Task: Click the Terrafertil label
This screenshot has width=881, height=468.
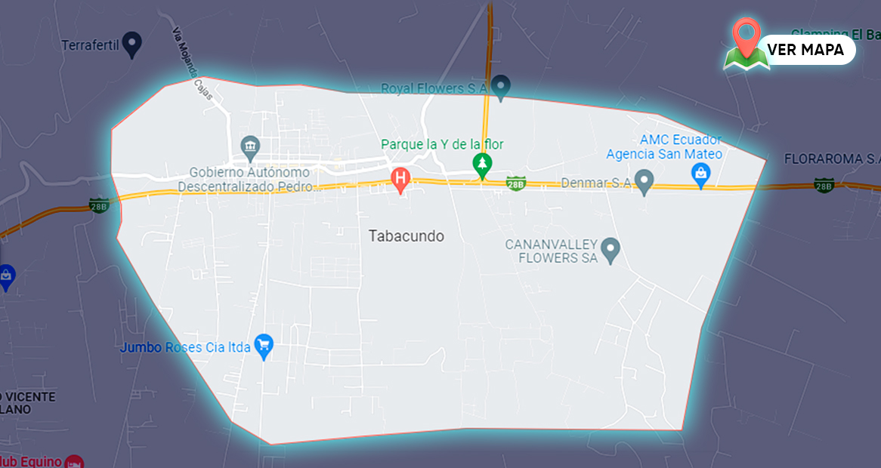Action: point(91,45)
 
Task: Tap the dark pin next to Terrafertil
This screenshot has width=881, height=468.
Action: point(133,44)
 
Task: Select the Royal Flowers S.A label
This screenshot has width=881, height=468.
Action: point(434,88)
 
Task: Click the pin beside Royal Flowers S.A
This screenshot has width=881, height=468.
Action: point(500,85)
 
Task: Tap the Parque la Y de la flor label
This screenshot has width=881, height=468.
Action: point(442,144)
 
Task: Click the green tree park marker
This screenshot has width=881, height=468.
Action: point(481,163)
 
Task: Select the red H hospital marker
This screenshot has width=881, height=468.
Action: point(400,179)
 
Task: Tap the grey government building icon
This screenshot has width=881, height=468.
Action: point(249,145)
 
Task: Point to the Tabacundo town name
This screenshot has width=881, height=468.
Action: point(406,236)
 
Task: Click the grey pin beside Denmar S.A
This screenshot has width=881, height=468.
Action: point(644,181)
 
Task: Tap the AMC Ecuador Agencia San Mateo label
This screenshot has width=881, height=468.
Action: point(664,147)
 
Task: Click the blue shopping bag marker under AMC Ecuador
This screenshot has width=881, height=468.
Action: point(701,176)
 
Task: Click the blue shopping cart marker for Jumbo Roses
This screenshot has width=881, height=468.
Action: point(263,346)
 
